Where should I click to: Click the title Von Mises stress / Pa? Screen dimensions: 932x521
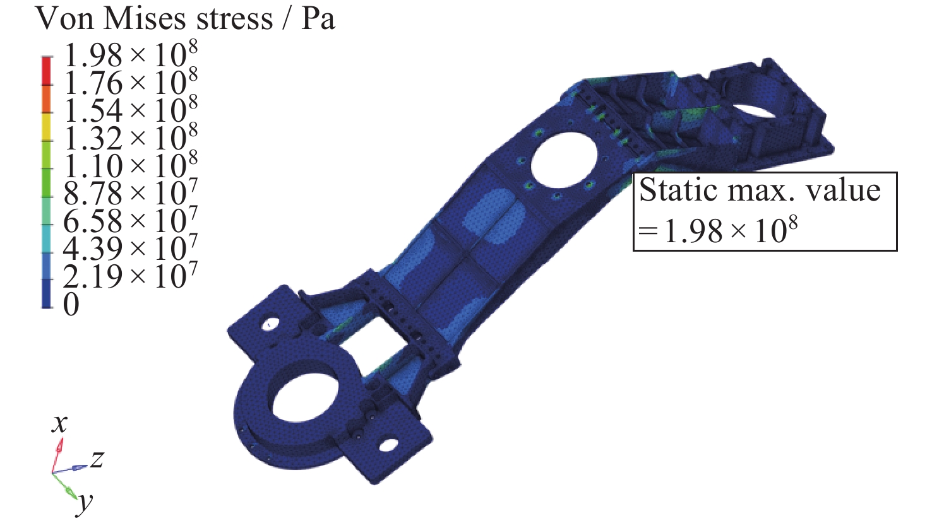185,19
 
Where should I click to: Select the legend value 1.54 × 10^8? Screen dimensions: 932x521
131,109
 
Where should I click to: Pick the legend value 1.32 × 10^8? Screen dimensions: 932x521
131,136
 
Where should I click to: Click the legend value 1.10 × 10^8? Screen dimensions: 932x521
131,164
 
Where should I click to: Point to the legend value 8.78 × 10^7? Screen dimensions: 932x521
131,191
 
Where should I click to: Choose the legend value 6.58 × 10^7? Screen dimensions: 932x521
131,219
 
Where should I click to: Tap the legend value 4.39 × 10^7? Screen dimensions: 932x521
131,247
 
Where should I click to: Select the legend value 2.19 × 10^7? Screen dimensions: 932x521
131,274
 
